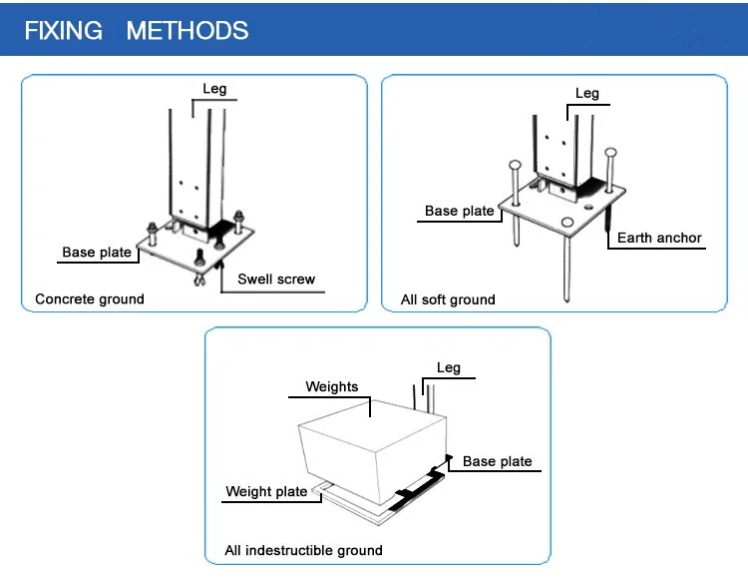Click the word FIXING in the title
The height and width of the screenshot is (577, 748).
63,30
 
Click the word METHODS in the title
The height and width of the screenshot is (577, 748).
187,30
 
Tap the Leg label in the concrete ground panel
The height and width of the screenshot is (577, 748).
214,89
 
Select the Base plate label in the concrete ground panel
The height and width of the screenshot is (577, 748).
97,253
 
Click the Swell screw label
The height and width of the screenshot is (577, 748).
276,280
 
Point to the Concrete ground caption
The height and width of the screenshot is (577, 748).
90,299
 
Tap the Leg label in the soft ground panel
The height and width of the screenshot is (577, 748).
587,94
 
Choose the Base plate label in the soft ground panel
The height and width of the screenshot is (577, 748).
459,211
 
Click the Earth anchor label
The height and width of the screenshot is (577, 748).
659,239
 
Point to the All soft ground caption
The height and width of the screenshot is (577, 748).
448,299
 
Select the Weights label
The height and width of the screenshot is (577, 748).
332,387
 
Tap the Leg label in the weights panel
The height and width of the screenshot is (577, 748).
449,368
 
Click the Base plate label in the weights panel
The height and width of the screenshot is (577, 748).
498,462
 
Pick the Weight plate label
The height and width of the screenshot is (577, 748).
266,491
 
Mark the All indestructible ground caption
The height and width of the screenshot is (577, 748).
303,550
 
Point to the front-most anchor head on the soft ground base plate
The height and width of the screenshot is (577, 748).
567,222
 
